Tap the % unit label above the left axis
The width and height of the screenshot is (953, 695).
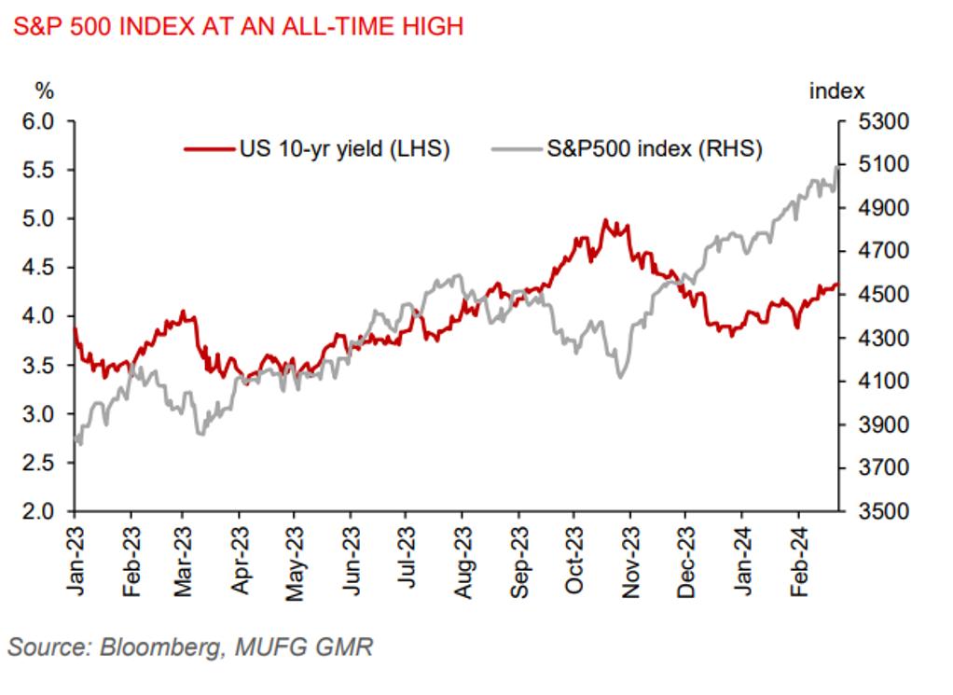45,90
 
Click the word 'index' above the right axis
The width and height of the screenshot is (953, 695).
836,90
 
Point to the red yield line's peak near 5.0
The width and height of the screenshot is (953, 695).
605,220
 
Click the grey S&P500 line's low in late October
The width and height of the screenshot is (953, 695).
619,376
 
